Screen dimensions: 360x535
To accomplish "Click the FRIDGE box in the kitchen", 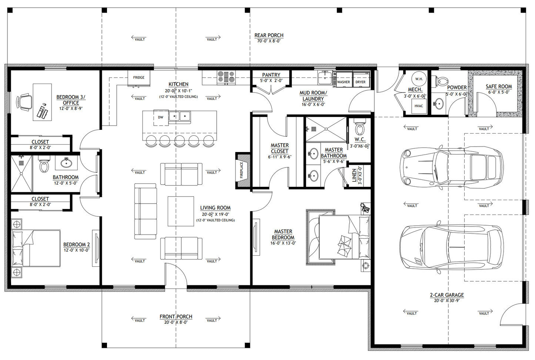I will click(139, 77).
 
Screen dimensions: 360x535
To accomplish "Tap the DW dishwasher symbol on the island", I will click(161, 117).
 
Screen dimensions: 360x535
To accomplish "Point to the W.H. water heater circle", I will click(419, 79).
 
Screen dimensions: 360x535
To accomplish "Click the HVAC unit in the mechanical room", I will click(418, 106).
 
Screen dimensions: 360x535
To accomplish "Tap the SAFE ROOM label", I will click(499, 86).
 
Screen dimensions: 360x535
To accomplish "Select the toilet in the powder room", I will click(442, 80).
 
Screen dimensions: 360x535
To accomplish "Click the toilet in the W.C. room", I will click(360, 128).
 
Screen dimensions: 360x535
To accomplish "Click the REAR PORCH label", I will click(269, 35).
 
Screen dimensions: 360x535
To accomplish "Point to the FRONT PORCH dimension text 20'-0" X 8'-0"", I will click(176, 322).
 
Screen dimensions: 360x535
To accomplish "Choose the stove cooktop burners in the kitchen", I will click(226, 77).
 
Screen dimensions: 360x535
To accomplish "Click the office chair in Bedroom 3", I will click(24, 102).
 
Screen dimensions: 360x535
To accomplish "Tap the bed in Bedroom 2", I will click(36, 248).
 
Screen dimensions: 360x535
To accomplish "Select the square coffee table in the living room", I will click(181, 211).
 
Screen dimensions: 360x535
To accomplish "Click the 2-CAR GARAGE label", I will click(447, 295).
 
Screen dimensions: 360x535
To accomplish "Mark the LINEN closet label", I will click(354, 175).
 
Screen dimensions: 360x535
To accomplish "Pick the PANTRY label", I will click(271, 75).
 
